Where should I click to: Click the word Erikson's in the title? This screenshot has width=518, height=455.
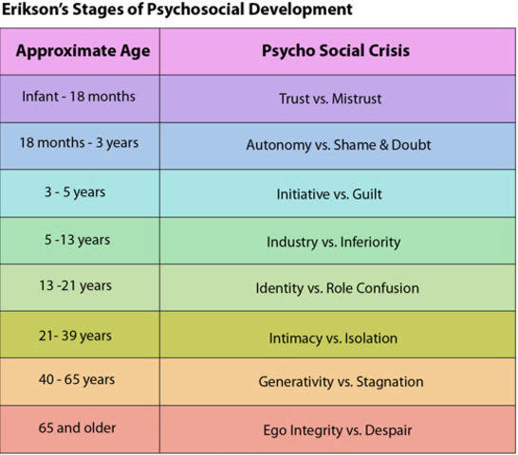[x=35, y=9]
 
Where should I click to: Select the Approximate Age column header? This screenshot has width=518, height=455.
[x=80, y=51]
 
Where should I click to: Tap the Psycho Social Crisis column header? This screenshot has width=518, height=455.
[x=338, y=51]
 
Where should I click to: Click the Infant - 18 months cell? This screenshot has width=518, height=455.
[x=80, y=99]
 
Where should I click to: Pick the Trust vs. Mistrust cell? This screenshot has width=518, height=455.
[x=338, y=99]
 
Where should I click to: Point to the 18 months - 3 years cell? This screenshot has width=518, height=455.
[x=80, y=146]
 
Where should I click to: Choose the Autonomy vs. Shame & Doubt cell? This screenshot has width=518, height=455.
[x=338, y=146]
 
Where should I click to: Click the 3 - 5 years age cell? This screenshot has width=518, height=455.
[x=80, y=193]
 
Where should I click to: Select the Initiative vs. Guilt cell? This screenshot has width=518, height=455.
[x=338, y=193]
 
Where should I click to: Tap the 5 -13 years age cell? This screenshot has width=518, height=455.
[x=80, y=241]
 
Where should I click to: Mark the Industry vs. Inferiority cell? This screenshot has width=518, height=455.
[x=338, y=241]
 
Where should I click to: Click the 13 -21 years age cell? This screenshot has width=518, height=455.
[x=80, y=287]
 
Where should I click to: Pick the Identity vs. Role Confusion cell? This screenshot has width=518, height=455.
[x=338, y=287]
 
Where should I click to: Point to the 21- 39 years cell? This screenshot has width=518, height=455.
[x=80, y=335]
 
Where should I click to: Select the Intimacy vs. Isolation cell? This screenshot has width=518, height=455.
[x=338, y=335]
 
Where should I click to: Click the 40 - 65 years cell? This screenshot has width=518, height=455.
[x=80, y=382]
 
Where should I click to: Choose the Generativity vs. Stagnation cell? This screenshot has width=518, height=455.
[x=338, y=382]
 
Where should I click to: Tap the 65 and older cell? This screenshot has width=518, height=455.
[x=80, y=429]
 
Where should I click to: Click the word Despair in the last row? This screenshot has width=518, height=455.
[x=389, y=430]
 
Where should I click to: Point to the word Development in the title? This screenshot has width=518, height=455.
[x=301, y=9]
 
